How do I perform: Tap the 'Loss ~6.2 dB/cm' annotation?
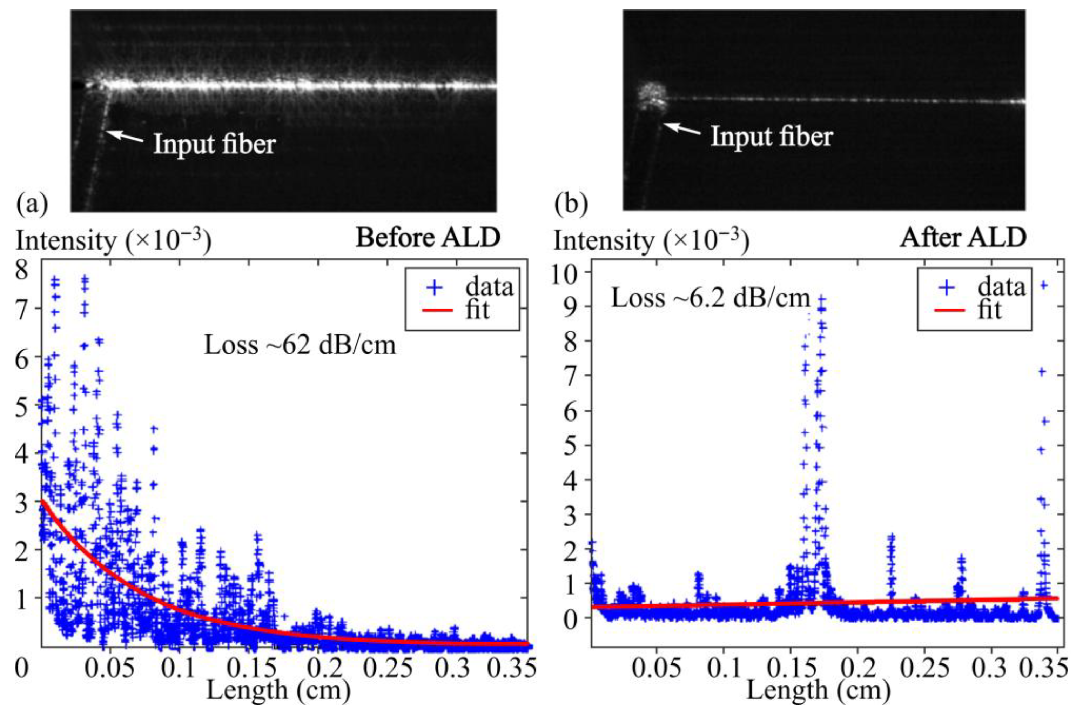pos(710,299)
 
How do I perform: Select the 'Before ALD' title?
pos(428,238)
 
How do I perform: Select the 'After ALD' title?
pos(963,238)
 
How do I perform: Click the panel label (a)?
pos(32,204)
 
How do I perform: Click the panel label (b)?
pos(570,204)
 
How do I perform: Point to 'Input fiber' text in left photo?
pos(215,144)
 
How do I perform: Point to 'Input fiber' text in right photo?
pos(772,136)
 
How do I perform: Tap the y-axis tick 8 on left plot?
pos(21,270)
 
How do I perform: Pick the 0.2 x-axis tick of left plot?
pos(325,668)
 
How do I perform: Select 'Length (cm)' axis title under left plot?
pos(278,691)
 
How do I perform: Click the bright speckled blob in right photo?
pos(653,97)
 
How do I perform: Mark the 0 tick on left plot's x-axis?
pos(21,668)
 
